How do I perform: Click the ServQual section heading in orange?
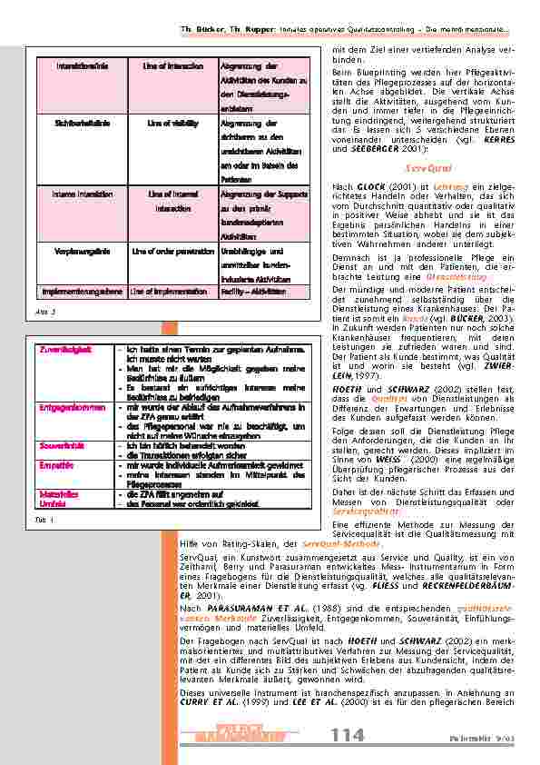tap(422, 168)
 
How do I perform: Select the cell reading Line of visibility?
tap(172, 121)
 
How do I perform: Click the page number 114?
tap(347, 734)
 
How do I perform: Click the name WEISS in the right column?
tap(374, 434)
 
